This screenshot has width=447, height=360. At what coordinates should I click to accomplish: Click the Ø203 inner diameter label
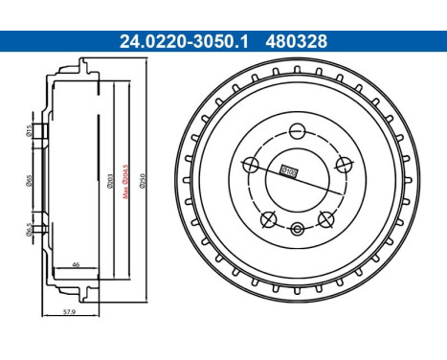112,177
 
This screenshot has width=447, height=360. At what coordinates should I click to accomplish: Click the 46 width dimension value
76,263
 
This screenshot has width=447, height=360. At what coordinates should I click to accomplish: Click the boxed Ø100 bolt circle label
286,171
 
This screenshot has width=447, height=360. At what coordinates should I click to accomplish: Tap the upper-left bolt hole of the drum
251,164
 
